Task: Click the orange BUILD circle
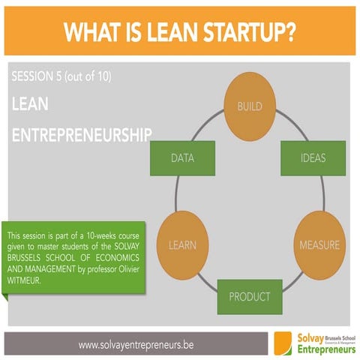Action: [250, 106]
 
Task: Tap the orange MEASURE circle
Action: [319, 244]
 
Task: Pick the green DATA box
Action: [183, 158]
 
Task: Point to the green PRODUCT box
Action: [250, 296]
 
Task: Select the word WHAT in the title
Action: [90, 33]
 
